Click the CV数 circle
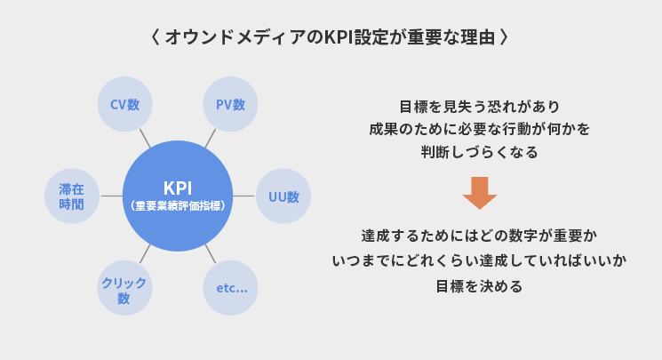124,104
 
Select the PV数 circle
230,104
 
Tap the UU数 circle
283,196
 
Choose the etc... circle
231,288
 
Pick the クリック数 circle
124,289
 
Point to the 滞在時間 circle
71,196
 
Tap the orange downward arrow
480,192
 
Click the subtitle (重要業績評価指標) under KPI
177,205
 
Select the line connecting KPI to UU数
243,196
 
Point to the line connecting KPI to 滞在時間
111,196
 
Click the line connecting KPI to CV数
145,139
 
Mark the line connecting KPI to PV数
211,139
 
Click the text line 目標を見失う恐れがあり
479,106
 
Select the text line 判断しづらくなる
479,152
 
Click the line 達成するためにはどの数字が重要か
479,237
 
